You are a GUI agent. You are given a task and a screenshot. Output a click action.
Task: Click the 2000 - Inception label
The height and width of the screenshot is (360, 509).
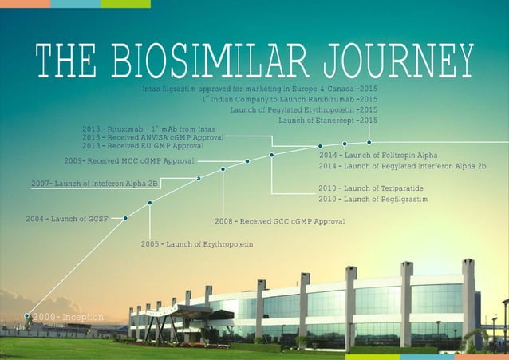(x=68, y=318)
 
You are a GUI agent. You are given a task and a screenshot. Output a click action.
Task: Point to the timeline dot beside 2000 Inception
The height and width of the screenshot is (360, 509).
(x=28, y=317)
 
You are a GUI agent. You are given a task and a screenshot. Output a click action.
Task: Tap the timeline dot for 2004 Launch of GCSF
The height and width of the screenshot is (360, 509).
(x=125, y=216)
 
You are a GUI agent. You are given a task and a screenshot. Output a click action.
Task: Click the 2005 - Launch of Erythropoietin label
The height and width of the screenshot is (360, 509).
(x=197, y=243)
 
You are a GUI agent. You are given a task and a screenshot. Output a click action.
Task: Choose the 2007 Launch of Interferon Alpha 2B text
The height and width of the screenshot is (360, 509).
(x=94, y=184)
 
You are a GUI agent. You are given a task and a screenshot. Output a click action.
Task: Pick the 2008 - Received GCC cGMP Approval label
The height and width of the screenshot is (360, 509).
(x=279, y=220)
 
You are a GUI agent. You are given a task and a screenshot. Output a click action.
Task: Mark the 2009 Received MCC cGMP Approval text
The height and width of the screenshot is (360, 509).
(x=129, y=161)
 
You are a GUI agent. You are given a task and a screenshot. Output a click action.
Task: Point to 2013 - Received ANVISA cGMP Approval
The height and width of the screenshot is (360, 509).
(x=152, y=137)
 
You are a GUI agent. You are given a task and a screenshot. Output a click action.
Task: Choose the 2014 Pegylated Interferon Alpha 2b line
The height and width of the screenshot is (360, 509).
(x=402, y=165)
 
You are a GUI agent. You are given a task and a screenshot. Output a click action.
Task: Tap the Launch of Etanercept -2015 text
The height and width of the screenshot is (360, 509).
(x=328, y=120)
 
